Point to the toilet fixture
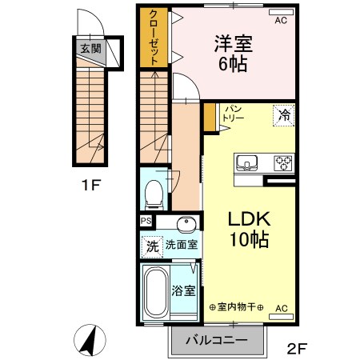[x=154, y=193]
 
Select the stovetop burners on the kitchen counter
[x=283, y=162]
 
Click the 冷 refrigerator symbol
[x=283, y=114]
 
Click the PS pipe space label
[x=146, y=222]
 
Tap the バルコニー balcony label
[x=216, y=341]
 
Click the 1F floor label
[x=90, y=187]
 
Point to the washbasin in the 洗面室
[x=189, y=223]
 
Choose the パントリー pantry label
[x=234, y=113]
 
